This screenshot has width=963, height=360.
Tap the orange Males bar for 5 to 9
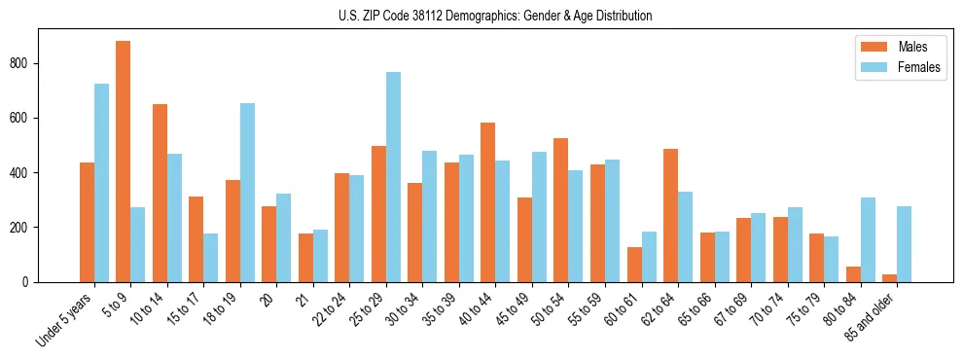click(124, 162)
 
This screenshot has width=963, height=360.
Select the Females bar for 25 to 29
click(393, 177)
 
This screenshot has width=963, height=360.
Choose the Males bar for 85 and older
click(889, 278)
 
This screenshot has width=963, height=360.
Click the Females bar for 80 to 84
click(868, 240)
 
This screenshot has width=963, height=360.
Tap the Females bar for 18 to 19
click(247, 193)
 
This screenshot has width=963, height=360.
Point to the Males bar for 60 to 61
click(634, 265)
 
